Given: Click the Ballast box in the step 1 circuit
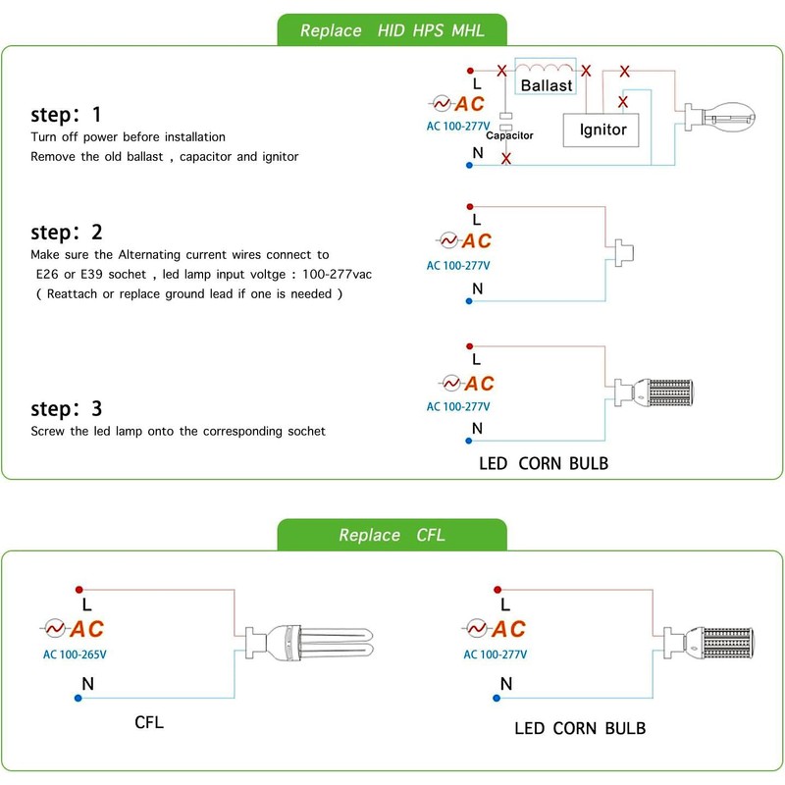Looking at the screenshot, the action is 546,77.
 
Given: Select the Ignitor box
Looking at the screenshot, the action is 601,131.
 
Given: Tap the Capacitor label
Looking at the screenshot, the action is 509,135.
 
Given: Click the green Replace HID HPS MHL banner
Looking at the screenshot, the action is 392,30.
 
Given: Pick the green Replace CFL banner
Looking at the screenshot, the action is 392,535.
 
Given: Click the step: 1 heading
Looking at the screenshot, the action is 66,115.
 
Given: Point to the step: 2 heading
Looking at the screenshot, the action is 67,233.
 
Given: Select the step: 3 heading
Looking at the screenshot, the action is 67,409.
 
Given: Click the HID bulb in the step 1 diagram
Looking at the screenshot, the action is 720,118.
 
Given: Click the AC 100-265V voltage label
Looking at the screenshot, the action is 75,654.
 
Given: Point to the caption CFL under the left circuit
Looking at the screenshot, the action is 149,722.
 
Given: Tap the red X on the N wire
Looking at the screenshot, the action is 506,159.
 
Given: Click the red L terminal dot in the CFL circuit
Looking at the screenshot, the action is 78,590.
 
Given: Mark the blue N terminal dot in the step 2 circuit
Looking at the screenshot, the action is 469,301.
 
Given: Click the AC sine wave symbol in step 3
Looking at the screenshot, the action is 451,384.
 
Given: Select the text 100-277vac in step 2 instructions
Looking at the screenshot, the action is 337,275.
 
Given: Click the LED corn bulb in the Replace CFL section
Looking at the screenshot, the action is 708,643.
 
